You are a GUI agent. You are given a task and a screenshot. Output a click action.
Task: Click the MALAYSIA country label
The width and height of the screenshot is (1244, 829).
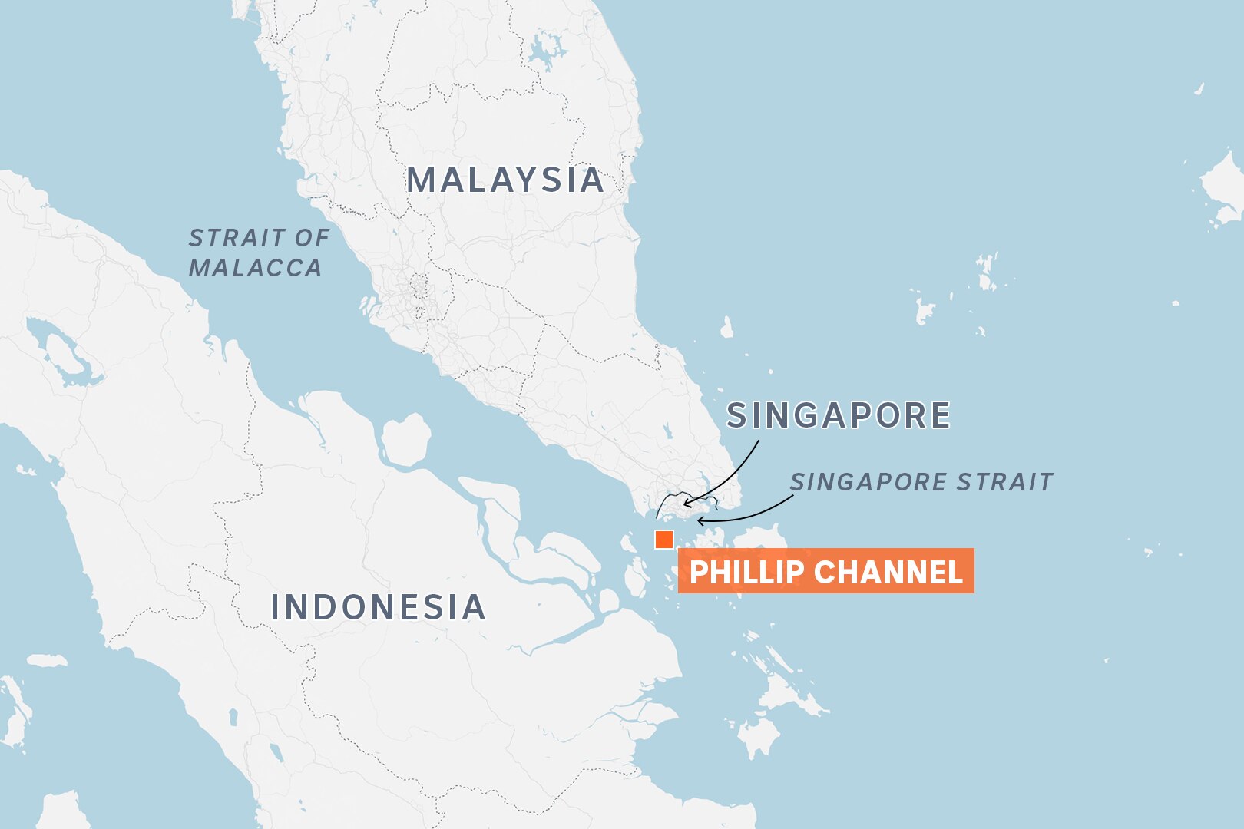click(505, 180)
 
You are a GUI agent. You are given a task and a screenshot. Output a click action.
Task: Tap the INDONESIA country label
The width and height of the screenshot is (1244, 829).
click(379, 607)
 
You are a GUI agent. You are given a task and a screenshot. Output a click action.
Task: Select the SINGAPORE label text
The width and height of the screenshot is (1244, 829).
click(839, 415)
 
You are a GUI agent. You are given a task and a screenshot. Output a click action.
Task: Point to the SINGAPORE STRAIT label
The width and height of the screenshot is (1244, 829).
click(921, 482)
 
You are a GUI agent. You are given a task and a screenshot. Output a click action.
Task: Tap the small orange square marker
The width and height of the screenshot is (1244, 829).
click(664, 540)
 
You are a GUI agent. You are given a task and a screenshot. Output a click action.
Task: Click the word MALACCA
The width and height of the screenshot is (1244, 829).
click(256, 268)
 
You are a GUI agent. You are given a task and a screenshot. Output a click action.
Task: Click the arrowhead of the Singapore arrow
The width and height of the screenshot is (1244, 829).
click(686, 504)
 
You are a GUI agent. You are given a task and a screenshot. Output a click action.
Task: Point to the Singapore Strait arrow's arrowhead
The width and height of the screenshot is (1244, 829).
click(700, 520)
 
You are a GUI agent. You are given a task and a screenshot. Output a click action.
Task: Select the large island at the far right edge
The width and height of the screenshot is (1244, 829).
click(1222, 188)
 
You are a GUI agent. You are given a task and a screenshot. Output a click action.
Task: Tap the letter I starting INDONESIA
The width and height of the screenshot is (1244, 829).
click(276, 607)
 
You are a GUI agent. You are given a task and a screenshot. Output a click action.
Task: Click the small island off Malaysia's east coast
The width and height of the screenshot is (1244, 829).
click(726, 328)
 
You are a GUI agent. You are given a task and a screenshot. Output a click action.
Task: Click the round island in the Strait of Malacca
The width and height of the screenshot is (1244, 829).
click(405, 440)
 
